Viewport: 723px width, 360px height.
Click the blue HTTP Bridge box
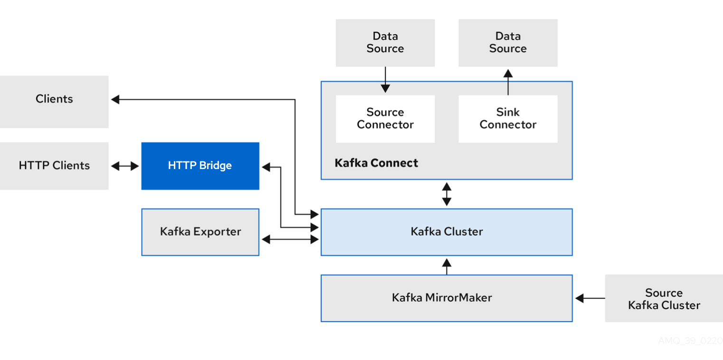pyautogui.click(x=200, y=166)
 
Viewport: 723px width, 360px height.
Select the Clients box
pyautogui.click(x=54, y=102)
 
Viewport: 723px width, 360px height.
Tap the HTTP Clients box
pyautogui.click(x=54, y=166)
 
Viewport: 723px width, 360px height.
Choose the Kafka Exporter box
pyautogui.click(x=200, y=232)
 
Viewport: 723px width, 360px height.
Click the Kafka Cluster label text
pyautogui.click(x=447, y=232)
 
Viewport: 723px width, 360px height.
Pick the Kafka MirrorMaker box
pyautogui.click(x=447, y=298)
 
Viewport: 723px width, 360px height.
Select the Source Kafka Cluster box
pyautogui.click(x=664, y=299)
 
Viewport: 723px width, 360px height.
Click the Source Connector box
pyautogui.click(x=385, y=119)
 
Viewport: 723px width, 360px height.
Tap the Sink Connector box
pyautogui.click(x=508, y=119)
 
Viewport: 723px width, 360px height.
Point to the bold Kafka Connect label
pyautogui.click(x=376, y=163)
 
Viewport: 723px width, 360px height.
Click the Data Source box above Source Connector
pyautogui.click(x=385, y=43)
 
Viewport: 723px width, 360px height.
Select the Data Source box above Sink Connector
pyautogui.click(x=508, y=43)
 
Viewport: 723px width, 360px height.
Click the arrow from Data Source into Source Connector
pyautogui.click(x=385, y=80)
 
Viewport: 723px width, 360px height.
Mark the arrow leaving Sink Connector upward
pyautogui.click(x=508, y=82)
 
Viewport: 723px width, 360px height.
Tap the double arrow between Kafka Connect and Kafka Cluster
pyautogui.click(x=447, y=194)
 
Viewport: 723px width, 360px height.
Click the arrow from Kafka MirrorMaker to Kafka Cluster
pyautogui.click(x=447, y=266)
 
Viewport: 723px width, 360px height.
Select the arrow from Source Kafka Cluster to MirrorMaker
pyautogui.click(x=590, y=298)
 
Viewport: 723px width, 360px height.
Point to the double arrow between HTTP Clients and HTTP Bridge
pyautogui.click(x=125, y=166)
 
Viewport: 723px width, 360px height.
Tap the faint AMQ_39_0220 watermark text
pyautogui.click(x=690, y=341)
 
